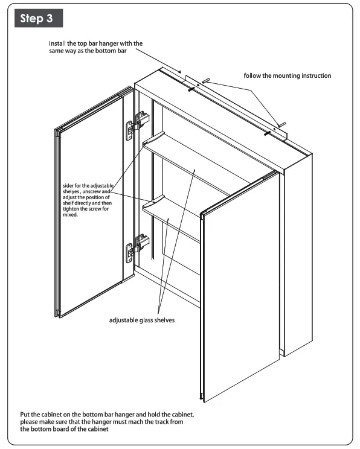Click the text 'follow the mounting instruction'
click(x=288, y=76)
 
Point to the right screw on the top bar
click(x=266, y=132)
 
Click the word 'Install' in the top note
click(x=59, y=45)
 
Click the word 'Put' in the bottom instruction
click(x=24, y=415)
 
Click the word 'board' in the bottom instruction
click(x=72, y=430)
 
